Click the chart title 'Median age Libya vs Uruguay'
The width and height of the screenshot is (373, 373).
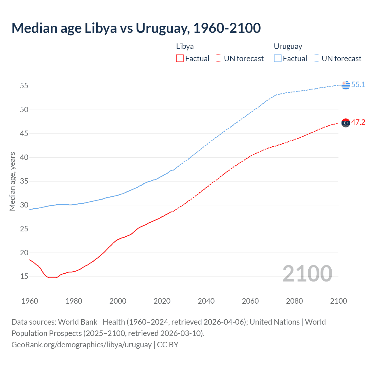pos(136,28)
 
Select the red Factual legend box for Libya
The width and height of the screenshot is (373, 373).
pos(180,59)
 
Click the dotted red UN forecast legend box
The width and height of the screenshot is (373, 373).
pos(219,59)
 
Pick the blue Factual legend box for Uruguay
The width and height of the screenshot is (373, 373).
pos(278,59)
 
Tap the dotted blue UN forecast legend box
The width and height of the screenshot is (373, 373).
pos(316,59)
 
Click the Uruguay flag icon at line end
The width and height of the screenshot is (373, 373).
pos(346,85)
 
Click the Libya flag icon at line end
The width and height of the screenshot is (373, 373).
pos(346,123)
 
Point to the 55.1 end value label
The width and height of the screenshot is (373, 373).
pos(358,85)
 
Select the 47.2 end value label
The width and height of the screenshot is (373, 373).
pos(358,122)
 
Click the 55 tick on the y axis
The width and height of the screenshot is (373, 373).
pos(24,86)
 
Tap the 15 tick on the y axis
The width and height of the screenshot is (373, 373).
pos(24,276)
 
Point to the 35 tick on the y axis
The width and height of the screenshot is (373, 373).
pos(24,181)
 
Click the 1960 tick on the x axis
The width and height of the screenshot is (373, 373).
pos(30,301)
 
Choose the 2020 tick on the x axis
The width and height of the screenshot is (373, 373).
pos(162,301)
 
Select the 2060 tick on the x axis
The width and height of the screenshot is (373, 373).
pos(250,301)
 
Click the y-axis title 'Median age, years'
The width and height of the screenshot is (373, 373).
pos(12,181)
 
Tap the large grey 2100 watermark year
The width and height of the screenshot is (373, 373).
pos(307,273)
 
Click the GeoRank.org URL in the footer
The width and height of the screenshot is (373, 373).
pos(81,344)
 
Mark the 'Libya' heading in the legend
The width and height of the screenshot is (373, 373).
pos(185,46)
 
